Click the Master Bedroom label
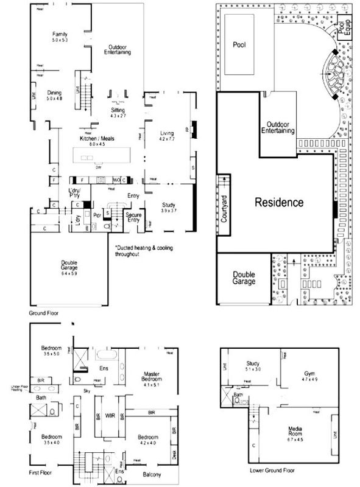pyautogui.click(x=150, y=377)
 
